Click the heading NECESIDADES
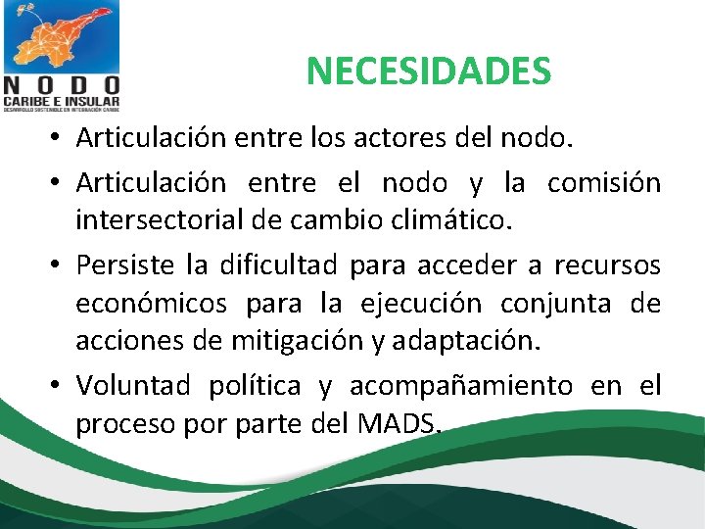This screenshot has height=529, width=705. tap(429, 71)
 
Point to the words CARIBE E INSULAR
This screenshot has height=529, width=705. tap(61, 100)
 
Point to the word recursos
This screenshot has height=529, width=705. tap(607, 265)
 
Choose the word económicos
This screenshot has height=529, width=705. tap(149, 304)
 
